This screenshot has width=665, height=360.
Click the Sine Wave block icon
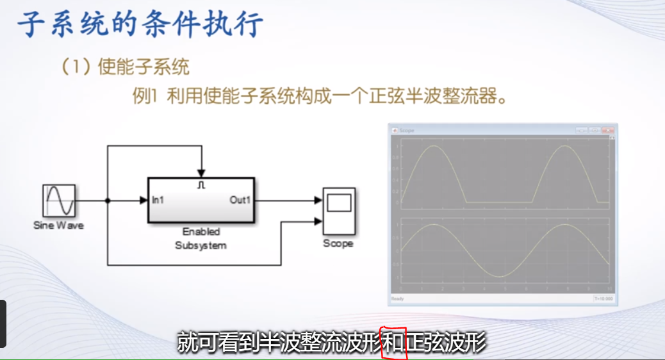click(59, 200)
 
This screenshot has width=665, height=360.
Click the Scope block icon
click(338, 211)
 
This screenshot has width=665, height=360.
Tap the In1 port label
click(158, 200)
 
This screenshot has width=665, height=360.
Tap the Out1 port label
click(240, 200)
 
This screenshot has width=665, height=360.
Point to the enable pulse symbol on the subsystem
click(201, 185)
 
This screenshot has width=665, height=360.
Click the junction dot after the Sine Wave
click(108, 200)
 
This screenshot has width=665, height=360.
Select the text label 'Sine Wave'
click(58, 225)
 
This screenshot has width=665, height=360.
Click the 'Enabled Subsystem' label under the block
click(201, 238)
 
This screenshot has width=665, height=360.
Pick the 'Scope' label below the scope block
click(338, 243)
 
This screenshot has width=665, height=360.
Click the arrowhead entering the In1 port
click(144, 200)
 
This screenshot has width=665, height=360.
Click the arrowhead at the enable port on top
click(201, 173)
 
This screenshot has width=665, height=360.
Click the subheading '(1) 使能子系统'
click(126, 67)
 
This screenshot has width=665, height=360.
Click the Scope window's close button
click(611, 130)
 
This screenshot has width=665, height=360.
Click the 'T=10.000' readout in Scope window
click(603, 299)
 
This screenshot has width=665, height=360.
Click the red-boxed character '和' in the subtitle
click(393, 343)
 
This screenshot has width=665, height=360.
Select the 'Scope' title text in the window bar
click(407, 131)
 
